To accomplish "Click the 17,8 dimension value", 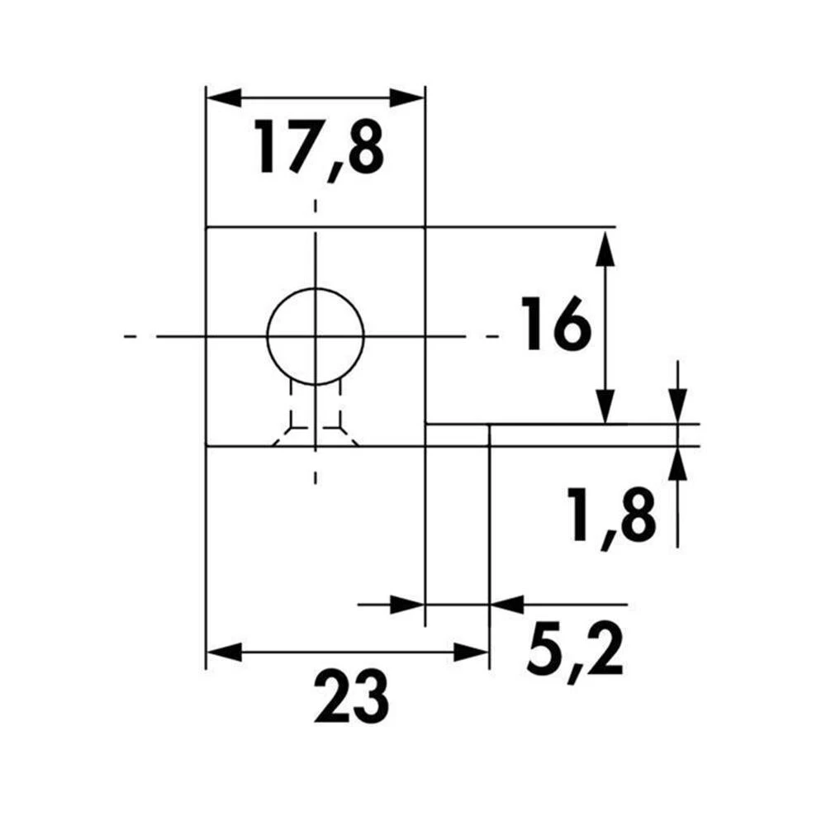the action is coord(319,150).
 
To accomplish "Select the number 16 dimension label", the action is coord(556,324).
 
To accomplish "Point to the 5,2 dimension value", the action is coord(575,653).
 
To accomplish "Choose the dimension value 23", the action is coord(351,697).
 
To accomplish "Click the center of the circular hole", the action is coord(316,336).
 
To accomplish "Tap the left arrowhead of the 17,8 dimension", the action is coord(224,98).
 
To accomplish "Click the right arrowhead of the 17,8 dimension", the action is coord(406,98).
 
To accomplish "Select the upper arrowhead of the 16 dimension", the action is coord(605,248).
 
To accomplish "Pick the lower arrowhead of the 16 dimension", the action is coord(605,406).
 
